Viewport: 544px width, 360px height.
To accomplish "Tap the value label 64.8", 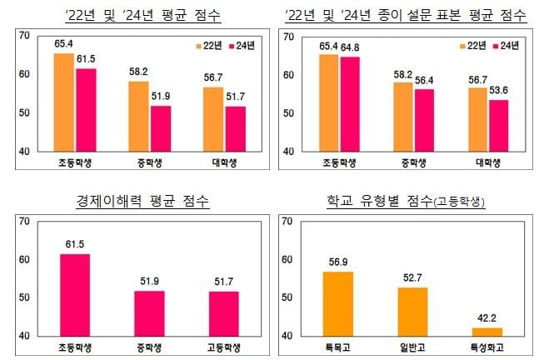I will point(350,47).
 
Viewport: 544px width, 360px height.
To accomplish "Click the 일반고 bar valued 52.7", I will point(413,311).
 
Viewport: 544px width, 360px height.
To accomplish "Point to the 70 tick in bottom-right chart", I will point(285,222).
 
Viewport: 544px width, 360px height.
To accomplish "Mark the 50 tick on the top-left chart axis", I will point(23,113).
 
